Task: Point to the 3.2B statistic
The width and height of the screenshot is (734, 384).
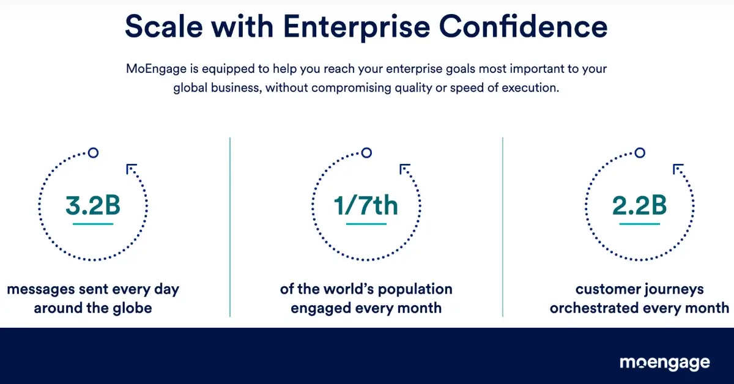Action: pos(93,206)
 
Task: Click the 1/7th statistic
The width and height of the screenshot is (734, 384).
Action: pos(366,206)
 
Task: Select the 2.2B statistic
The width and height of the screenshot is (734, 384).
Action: pos(639,206)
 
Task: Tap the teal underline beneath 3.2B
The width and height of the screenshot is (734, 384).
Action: pos(93,224)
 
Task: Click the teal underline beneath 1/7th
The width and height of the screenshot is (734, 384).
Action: pos(366,224)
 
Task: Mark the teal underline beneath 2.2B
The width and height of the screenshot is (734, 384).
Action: pos(639,224)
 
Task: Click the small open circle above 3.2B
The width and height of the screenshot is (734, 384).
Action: pos(93,152)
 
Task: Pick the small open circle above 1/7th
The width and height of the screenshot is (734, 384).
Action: pos(366,152)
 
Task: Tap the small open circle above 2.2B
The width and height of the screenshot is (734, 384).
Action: pos(639,152)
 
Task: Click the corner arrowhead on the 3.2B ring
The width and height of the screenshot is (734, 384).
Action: pos(131,169)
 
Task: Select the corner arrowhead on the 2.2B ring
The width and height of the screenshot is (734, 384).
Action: pos(677,169)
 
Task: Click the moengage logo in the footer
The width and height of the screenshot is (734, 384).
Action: pos(665,363)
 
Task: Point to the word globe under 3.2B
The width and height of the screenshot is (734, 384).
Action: pos(130,308)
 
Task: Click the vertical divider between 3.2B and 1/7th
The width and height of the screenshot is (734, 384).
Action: pos(230,226)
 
